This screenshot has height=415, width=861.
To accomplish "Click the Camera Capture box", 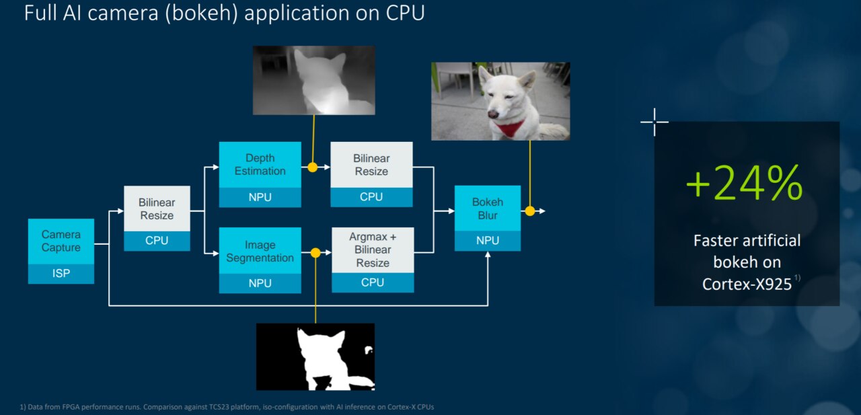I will click(x=61, y=241).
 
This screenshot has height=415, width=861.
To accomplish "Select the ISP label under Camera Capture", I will click(x=61, y=274).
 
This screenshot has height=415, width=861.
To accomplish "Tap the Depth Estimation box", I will click(x=260, y=165).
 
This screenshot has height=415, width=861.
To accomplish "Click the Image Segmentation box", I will click(x=260, y=251).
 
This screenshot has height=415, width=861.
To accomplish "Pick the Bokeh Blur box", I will click(x=488, y=209).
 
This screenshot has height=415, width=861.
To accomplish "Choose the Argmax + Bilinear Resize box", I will click(x=372, y=250).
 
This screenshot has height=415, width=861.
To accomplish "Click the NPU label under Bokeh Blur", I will click(x=488, y=241).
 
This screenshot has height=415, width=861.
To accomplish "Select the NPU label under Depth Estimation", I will click(x=260, y=197).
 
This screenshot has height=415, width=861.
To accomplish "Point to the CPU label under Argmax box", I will click(x=372, y=282).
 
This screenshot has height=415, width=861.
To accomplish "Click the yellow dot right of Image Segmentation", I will click(x=315, y=253).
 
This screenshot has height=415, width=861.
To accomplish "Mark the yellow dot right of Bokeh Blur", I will click(x=530, y=211).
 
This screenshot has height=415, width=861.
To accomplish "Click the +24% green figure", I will click(x=744, y=182).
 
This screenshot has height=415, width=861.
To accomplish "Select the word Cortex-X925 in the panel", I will click(x=747, y=285).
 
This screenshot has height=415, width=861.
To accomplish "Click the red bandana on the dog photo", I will click(x=511, y=128).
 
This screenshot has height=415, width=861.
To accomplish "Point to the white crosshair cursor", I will click(x=654, y=122).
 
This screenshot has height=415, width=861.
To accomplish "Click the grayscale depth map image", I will click(x=313, y=80).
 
